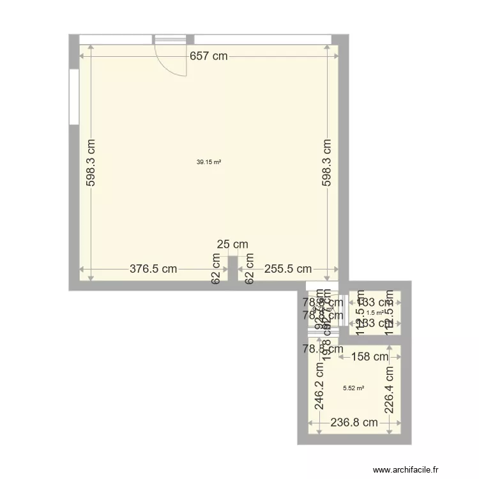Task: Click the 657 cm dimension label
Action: click(208, 56)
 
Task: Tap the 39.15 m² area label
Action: click(209, 162)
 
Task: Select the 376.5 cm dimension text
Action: click(153, 269)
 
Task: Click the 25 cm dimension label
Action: click(232, 244)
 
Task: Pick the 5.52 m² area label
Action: click(353, 388)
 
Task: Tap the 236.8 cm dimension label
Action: click(354, 422)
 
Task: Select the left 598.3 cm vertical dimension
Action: click(91, 163)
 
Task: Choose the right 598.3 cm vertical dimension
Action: click(326, 163)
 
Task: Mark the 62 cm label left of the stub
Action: click(217, 269)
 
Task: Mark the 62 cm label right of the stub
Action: click(250, 269)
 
